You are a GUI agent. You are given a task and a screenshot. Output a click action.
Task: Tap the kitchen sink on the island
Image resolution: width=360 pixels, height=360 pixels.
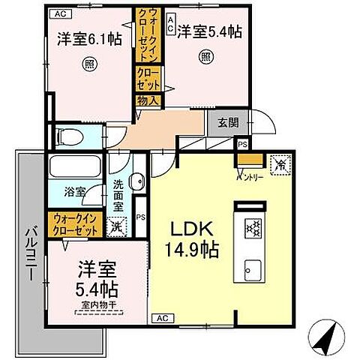point(250,268)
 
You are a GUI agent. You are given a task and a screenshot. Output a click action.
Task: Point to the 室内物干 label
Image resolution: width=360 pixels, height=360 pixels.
point(97,305)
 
